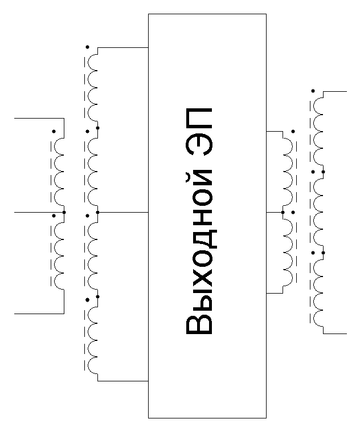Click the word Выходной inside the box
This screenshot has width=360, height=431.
click(x=200, y=254)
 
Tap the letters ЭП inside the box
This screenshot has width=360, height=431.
click(x=199, y=132)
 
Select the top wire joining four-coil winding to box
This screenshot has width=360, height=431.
click(x=123, y=47)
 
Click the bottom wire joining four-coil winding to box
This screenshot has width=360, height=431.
click(x=123, y=381)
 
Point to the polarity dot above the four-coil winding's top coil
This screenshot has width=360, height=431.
click(x=87, y=47)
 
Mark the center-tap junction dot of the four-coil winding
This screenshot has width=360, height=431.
click(x=97, y=212)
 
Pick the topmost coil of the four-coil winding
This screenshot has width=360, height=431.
click(x=93, y=88)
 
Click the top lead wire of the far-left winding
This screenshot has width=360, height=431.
click(x=39, y=118)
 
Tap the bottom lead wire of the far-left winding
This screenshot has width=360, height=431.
click(x=39, y=314)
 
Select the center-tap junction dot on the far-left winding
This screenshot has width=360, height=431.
click(x=64, y=212)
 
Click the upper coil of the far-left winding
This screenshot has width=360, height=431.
click(x=59, y=172)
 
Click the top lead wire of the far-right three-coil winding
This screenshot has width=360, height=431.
click(x=335, y=91)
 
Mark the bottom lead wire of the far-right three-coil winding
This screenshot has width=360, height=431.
click(x=335, y=334)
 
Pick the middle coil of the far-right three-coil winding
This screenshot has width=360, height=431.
click(x=318, y=212)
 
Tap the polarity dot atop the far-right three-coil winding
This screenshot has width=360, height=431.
click(x=313, y=91)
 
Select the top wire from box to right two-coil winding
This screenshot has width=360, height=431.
click(x=275, y=131)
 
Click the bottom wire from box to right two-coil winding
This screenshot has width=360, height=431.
click(x=275, y=293)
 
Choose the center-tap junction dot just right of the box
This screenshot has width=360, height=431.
click(x=283, y=212)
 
